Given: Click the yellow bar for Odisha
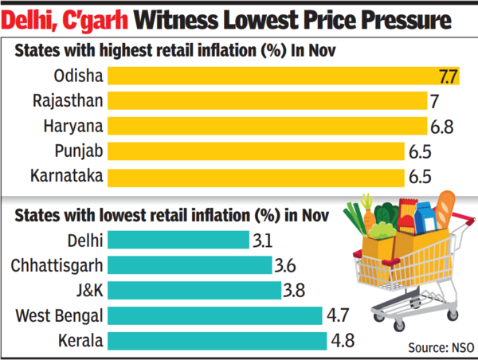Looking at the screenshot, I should [x=271, y=77].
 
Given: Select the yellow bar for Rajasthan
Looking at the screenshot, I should [x=264, y=101].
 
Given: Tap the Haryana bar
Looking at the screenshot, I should [x=259, y=126].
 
